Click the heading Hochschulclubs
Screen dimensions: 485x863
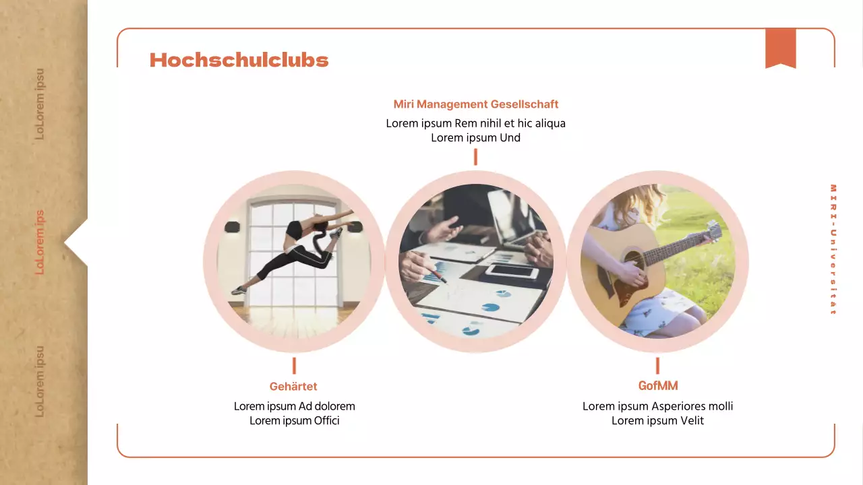coord(239,60)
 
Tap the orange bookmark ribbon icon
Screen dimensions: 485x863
coord(780,48)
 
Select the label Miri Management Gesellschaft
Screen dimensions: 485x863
coord(475,104)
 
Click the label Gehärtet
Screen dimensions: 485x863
coord(293,387)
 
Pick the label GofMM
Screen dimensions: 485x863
coord(657,386)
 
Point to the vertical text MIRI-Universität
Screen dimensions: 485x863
coord(833,249)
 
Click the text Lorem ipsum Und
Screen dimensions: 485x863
coord(475,138)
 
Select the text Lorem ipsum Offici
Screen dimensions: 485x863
coord(294,421)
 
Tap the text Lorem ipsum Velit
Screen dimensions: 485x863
coord(657,421)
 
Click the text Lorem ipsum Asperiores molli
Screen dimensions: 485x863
coord(657,406)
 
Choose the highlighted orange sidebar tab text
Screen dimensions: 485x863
coord(40,242)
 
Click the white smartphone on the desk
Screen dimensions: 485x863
coord(512,271)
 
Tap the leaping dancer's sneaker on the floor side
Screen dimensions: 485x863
coord(239,290)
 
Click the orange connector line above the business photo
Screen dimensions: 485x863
coord(475,157)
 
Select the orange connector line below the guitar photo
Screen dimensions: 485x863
coord(657,366)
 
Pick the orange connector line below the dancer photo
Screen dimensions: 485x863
coord(294,366)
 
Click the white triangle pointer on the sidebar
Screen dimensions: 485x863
coord(77,243)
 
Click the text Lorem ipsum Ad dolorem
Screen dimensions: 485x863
coord(294,406)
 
